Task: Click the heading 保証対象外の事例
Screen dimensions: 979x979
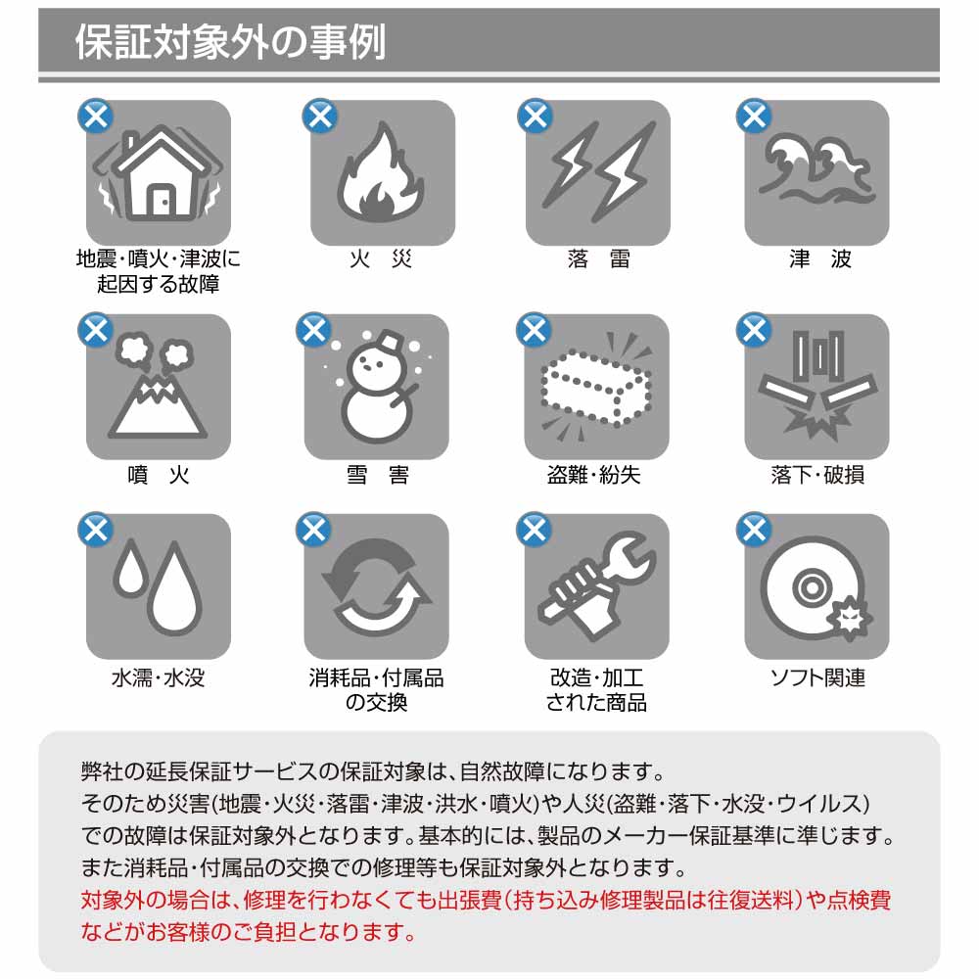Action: point(230,42)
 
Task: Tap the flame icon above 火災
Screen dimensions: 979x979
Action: point(380,172)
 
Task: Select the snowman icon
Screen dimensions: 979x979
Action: point(378,387)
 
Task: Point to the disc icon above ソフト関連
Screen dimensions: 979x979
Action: point(816,588)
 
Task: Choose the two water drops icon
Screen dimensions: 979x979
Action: point(158,586)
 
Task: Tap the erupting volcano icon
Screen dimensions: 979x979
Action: point(158,387)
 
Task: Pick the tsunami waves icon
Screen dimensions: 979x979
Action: point(816,169)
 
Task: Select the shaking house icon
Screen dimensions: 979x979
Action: point(158,172)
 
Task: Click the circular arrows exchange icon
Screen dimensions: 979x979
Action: point(377,586)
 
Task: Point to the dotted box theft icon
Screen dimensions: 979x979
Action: point(596,387)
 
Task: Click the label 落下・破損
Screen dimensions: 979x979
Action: point(817,475)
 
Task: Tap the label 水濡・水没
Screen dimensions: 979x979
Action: point(158,677)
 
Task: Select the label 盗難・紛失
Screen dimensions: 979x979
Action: point(594,475)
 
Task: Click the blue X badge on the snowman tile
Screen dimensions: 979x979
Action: point(314,330)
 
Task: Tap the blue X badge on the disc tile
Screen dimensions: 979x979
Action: point(754,530)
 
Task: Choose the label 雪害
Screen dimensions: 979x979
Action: point(378,475)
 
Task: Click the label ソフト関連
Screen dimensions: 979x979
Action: point(817,677)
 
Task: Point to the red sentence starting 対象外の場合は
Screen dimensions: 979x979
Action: point(486,916)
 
